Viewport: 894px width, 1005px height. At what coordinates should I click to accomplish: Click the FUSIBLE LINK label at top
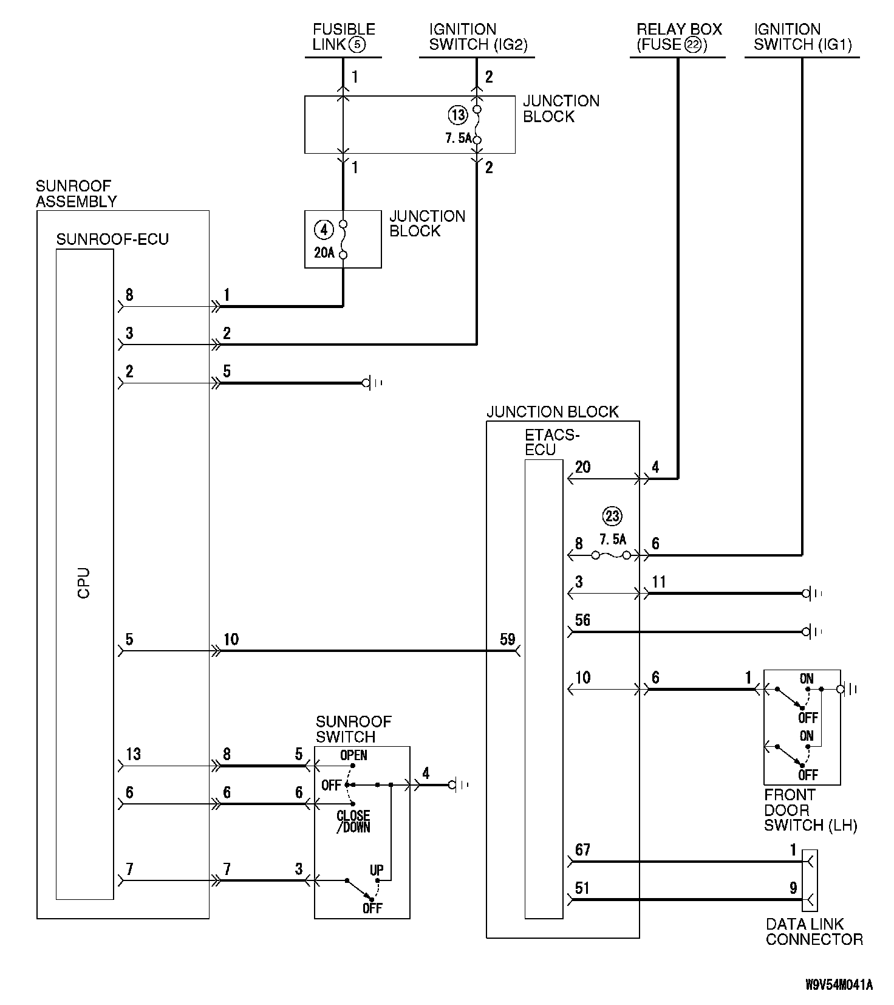(344, 36)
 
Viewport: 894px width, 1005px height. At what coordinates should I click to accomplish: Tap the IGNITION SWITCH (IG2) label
(479, 36)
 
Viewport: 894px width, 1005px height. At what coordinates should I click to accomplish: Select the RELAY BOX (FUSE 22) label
(679, 36)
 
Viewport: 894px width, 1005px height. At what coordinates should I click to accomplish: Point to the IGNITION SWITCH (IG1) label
(803, 36)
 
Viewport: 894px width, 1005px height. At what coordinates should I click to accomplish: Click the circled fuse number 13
(458, 114)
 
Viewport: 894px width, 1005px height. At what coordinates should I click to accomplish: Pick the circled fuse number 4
(324, 230)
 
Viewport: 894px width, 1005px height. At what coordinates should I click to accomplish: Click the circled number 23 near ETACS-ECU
(612, 516)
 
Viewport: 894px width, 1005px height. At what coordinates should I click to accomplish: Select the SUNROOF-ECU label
(112, 239)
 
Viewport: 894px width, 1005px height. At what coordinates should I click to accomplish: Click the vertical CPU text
(84, 583)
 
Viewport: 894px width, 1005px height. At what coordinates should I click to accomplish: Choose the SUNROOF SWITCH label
(353, 729)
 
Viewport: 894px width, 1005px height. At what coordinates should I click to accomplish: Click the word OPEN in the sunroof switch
(353, 755)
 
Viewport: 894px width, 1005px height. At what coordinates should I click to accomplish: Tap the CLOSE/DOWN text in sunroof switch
(353, 821)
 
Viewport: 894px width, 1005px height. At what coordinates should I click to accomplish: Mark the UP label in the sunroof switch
(377, 870)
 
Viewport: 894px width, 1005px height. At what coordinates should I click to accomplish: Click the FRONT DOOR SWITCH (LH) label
(810, 810)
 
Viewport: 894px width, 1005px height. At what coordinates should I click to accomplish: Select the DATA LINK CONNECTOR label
(814, 931)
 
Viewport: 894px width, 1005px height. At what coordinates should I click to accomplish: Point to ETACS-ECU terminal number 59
(508, 639)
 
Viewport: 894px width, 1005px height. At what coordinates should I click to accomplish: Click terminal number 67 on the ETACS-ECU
(582, 849)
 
